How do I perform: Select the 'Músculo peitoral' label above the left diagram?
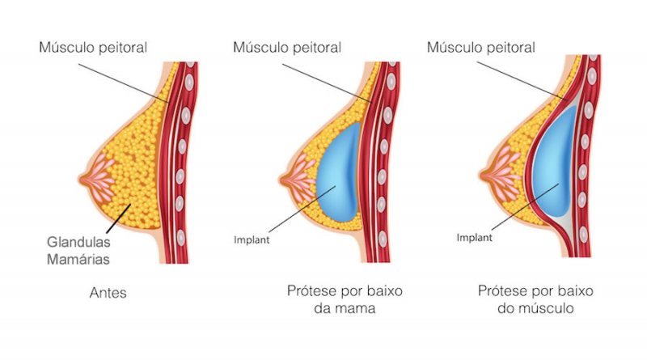click(93, 47)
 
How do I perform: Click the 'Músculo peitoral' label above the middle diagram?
click(287, 47)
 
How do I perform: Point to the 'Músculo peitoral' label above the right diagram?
click(481, 47)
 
